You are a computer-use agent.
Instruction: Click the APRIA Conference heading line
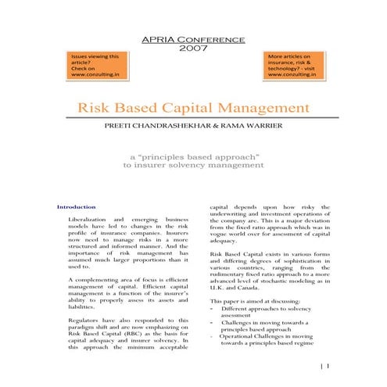click(192, 39)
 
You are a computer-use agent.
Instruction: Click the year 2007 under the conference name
click(192, 48)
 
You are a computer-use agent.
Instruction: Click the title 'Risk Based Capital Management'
click(192, 107)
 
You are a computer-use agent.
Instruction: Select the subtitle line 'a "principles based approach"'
click(192, 156)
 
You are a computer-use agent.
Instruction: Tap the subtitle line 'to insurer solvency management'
click(192, 166)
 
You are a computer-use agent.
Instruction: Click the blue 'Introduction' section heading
click(77, 207)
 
